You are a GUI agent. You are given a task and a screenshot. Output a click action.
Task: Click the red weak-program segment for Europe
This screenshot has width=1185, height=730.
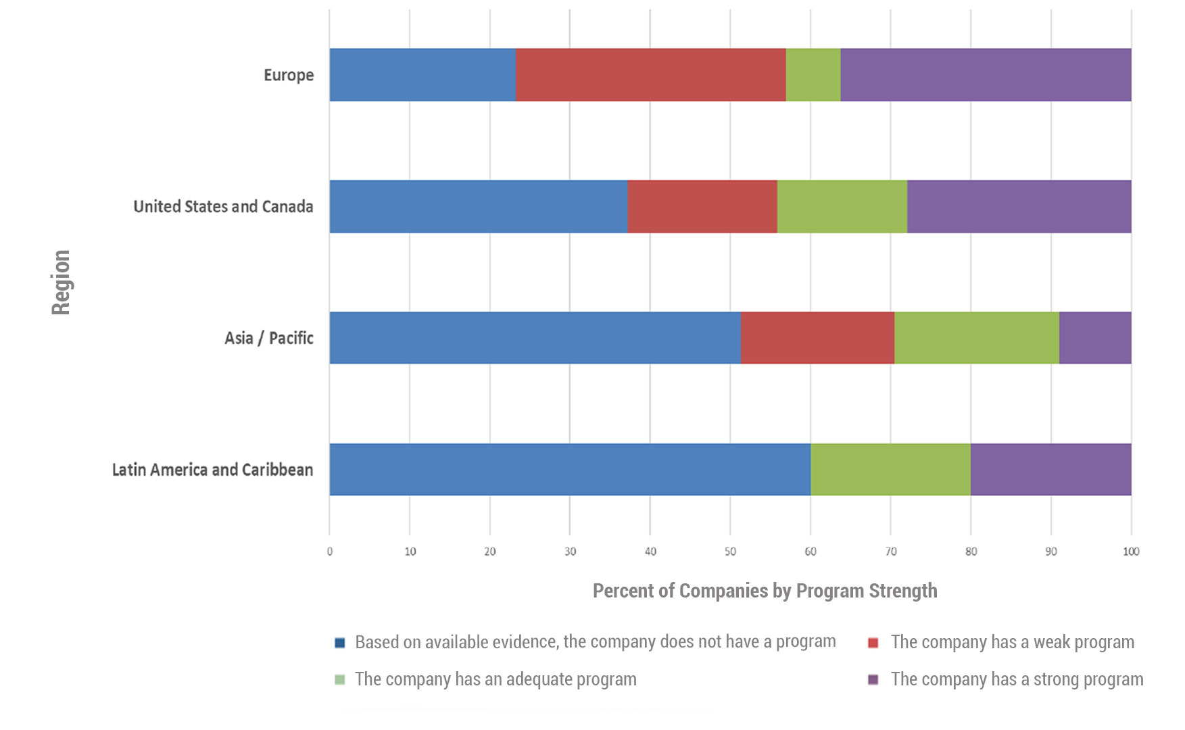click(x=650, y=75)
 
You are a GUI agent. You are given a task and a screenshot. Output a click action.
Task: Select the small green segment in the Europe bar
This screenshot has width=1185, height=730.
click(x=813, y=75)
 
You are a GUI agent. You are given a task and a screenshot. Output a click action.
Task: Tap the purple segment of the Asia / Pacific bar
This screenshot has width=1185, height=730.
click(x=1095, y=338)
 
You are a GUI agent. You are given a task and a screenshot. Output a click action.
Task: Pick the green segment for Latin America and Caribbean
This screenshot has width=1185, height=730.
click(x=890, y=470)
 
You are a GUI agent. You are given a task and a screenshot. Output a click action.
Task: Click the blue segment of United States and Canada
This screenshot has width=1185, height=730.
click(x=479, y=207)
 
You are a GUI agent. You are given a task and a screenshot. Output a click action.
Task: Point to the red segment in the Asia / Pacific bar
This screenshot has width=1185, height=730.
click(x=817, y=338)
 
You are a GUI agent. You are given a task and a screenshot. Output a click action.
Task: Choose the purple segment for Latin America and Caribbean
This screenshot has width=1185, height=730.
click(x=1050, y=470)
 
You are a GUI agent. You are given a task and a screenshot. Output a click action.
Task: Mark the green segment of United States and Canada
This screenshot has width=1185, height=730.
click(x=842, y=207)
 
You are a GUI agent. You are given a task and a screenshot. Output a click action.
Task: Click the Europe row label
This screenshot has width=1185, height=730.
click(x=289, y=75)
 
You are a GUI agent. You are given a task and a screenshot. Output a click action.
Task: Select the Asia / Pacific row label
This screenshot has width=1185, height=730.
click(x=269, y=338)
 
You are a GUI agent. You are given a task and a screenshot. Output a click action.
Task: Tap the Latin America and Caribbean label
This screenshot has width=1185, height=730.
click(x=212, y=470)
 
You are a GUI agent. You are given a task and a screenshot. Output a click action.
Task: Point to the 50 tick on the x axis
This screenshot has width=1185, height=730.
click(x=730, y=552)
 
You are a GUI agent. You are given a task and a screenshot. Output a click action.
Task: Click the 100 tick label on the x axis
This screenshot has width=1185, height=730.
click(x=1131, y=552)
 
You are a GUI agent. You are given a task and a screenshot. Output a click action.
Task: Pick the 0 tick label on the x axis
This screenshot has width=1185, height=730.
click(x=330, y=552)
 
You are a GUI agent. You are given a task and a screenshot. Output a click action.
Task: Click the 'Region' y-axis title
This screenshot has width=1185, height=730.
click(x=61, y=282)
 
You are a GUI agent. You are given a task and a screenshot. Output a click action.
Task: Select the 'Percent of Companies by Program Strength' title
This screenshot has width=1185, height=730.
click(x=765, y=591)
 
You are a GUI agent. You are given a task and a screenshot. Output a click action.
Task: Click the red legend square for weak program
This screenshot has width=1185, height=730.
click(x=873, y=643)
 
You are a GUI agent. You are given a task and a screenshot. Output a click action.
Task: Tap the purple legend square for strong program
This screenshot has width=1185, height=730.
click(x=873, y=679)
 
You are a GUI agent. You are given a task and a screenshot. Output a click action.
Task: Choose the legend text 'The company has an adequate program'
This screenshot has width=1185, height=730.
click(x=495, y=679)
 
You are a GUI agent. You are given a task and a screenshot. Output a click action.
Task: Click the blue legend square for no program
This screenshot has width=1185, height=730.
click(x=340, y=643)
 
